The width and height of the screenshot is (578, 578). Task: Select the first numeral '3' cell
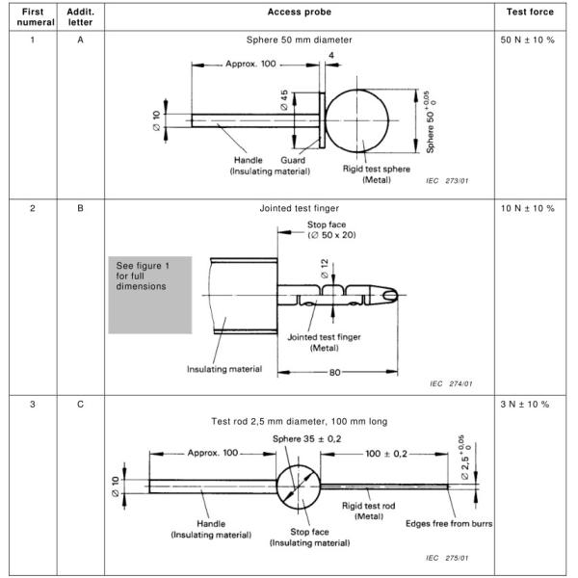coord(30,404)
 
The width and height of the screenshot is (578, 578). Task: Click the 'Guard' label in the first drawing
coord(293,161)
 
